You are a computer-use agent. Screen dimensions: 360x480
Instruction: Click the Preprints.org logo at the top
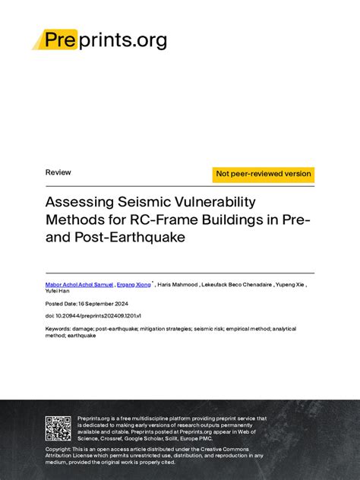[99, 39]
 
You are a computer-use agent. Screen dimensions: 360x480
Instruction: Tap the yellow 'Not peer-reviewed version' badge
[264, 174]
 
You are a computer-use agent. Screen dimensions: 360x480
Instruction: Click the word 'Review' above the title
[58, 172]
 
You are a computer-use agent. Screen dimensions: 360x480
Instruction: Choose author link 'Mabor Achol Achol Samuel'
[79, 284]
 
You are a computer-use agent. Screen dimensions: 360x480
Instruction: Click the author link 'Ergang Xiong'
[134, 284]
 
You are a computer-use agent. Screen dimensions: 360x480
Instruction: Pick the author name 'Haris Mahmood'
[178, 284]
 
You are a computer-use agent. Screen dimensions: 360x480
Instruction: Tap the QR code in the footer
[58, 428]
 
